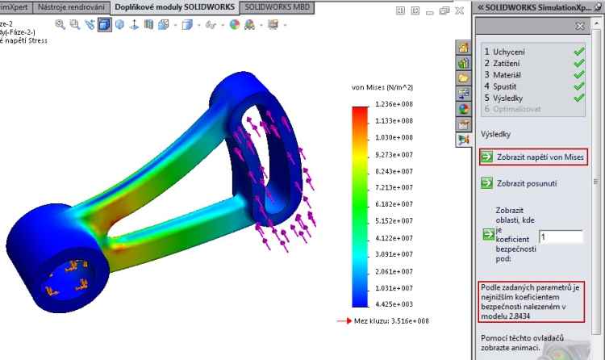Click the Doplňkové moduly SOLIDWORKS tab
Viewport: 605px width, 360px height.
point(175,7)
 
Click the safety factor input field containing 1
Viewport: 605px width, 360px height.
point(561,237)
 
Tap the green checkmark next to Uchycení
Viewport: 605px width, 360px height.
point(578,51)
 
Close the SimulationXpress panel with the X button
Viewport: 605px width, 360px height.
point(580,26)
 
